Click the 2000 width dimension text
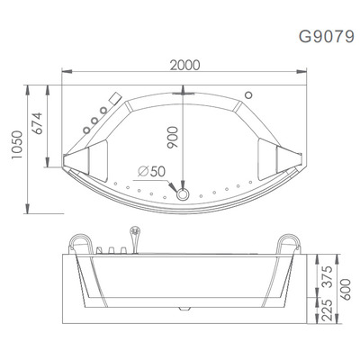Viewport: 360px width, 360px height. [184, 66]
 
